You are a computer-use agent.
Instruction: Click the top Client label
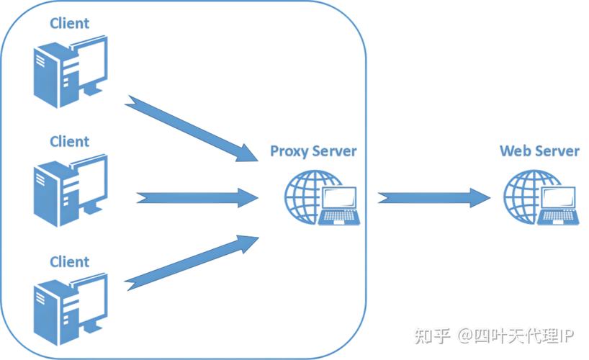(69, 23)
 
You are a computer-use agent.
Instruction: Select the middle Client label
(69, 141)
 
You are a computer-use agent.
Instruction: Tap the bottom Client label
(69, 261)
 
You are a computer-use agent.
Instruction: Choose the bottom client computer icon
(69, 306)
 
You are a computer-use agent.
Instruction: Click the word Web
(516, 151)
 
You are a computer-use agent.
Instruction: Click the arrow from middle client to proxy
(196, 196)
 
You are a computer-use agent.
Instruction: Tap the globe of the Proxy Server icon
(306, 193)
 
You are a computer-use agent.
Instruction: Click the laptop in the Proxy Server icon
(340, 204)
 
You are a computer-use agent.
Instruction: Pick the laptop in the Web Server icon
(559, 204)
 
